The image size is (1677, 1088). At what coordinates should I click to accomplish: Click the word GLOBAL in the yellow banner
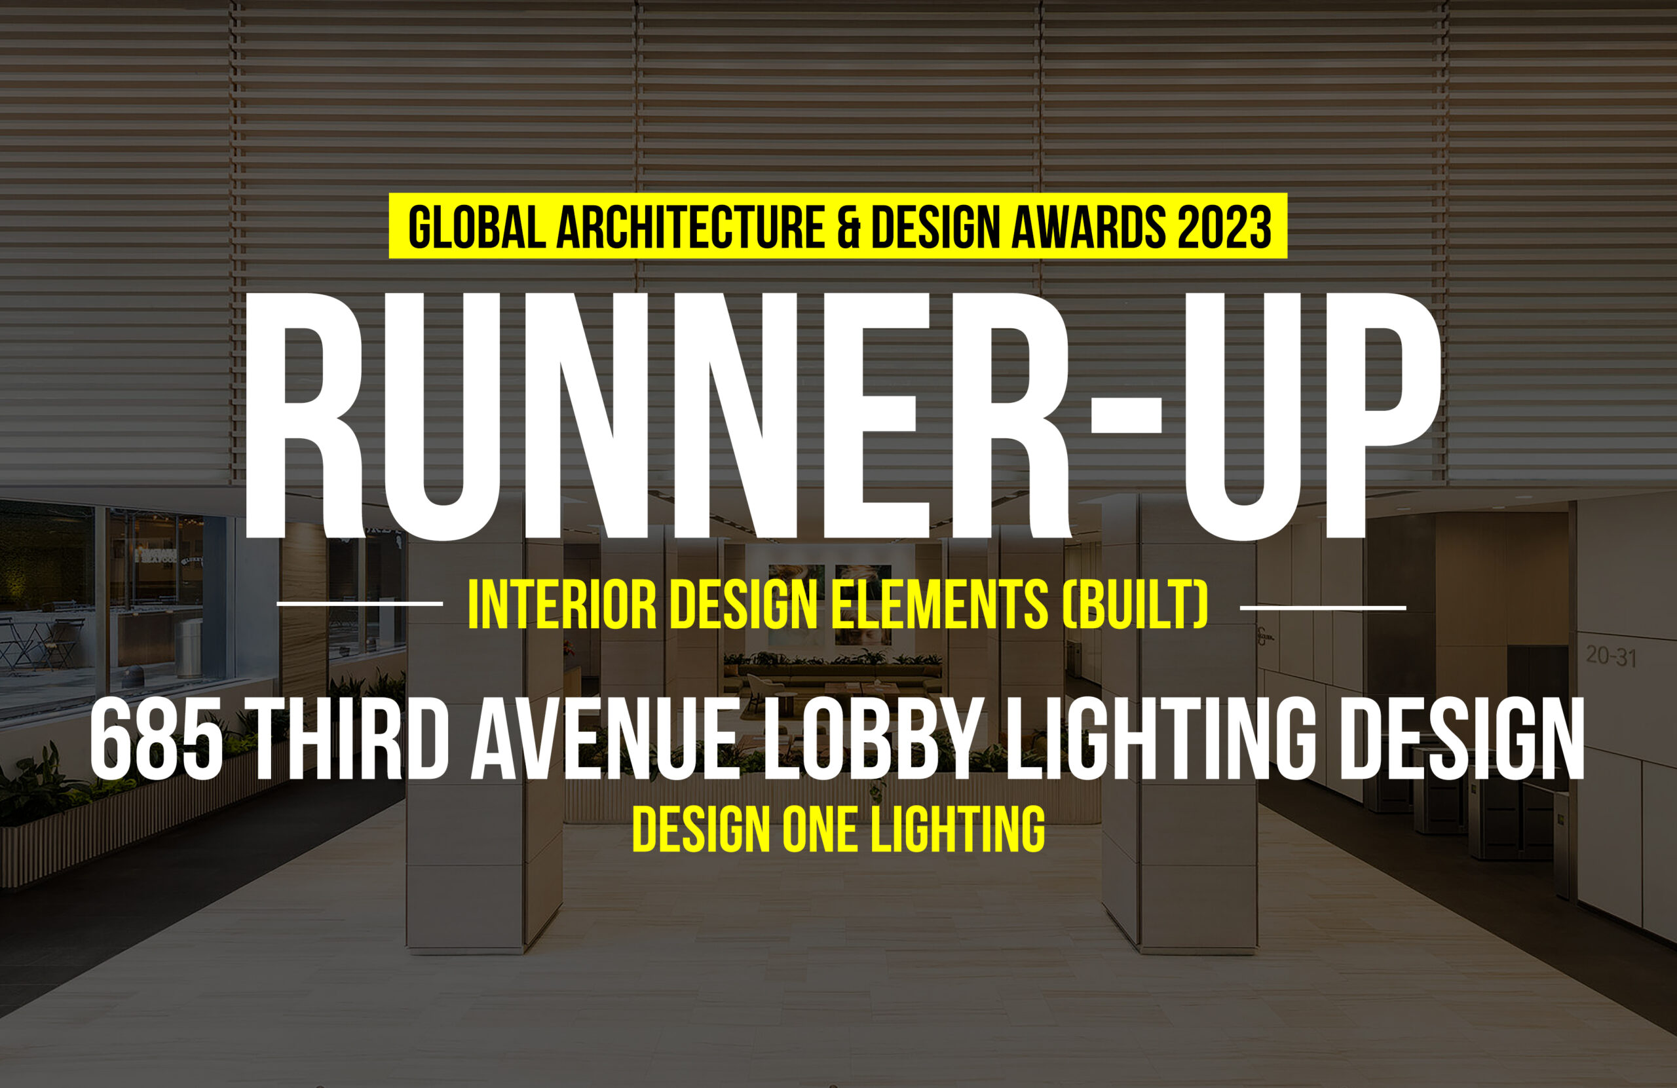pyautogui.click(x=477, y=227)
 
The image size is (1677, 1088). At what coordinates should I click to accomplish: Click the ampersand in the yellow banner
pyautogui.click(x=848, y=227)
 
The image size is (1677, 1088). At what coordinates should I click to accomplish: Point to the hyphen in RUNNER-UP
pyautogui.click(x=1125, y=415)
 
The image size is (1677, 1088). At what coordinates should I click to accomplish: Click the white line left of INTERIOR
pyautogui.click(x=360, y=603)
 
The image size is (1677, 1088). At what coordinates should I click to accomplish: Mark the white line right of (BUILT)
pyautogui.click(x=1323, y=607)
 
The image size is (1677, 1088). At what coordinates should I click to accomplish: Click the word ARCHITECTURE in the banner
pyautogui.click(x=690, y=227)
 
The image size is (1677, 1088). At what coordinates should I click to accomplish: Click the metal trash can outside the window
pyautogui.click(x=189, y=648)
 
